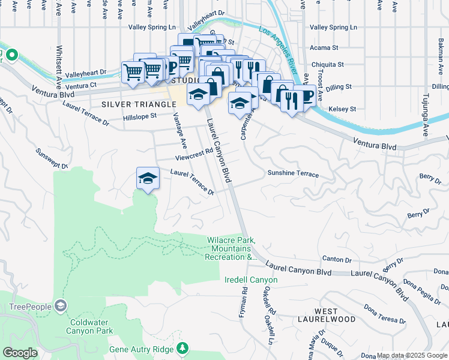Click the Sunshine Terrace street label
292,173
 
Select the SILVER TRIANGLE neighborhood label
130,104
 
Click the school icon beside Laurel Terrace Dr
148,178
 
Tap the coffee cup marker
304,95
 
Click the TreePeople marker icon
60,306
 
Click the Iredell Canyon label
251,280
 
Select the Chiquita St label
327,64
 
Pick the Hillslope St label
140,115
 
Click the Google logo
20,353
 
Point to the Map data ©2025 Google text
411,355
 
